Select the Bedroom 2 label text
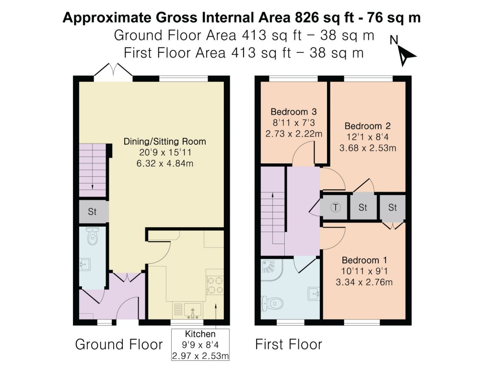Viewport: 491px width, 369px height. (x=368, y=126)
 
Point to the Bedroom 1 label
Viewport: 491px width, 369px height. (x=364, y=260)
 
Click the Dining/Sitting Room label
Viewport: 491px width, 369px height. (x=165, y=142)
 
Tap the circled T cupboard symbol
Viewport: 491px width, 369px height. (x=336, y=208)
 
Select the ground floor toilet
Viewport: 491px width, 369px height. (x=93, y=236)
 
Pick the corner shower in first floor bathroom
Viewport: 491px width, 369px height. (x=272, y=271)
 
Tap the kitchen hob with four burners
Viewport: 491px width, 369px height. (x=214, y=283)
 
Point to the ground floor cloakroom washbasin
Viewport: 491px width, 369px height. (x=84, y=264)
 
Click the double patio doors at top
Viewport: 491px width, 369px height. (x=113, y=72)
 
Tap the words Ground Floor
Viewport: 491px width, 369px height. (x=119, y=344)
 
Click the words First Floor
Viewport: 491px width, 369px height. (x=288, y=344)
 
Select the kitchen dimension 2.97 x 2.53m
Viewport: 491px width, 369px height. (x=200, y=356)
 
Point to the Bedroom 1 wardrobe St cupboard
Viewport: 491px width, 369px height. (x=393, y=208)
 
